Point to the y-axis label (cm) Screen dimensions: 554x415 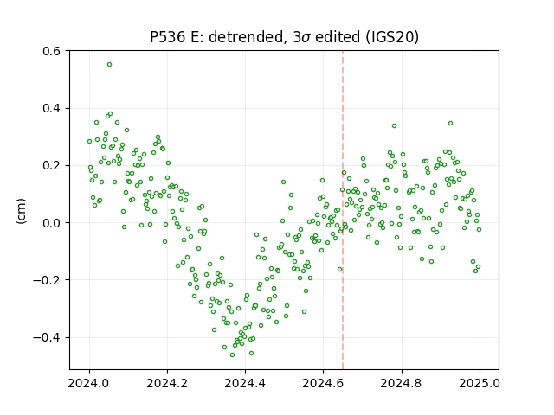21,211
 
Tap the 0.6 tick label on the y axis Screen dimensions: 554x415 52,51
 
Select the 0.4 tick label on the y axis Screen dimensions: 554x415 52,108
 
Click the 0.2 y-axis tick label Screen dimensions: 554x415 52,165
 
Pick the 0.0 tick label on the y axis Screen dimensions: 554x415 52,223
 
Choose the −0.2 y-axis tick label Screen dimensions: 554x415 47,280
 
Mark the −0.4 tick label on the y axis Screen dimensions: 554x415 47,338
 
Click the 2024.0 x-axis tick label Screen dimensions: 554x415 89,383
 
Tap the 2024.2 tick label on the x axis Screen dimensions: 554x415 167,383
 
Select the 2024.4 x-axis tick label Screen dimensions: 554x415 245,383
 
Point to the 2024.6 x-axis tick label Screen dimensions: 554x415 323,383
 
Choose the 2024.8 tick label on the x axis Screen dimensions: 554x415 401,383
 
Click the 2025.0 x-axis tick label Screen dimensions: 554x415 480,383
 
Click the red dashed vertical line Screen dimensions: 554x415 343,210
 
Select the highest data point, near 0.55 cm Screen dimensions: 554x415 110,65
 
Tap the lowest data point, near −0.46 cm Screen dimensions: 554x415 233,354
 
